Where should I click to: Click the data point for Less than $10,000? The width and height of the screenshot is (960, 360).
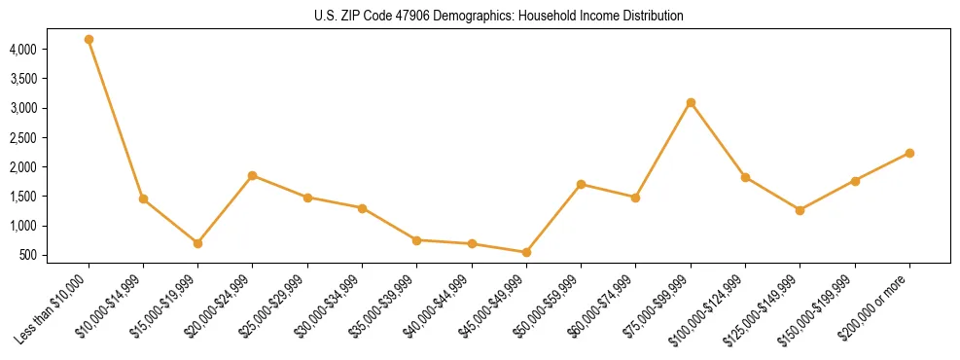89,40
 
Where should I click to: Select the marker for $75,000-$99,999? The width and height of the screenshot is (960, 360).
691,102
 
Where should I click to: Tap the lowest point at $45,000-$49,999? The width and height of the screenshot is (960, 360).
526,252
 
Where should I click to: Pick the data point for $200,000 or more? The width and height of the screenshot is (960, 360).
909,153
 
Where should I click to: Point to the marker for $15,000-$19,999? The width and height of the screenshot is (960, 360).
197,243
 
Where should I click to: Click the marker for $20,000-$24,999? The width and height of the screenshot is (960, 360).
253,175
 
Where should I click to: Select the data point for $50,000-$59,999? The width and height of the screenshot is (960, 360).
581,184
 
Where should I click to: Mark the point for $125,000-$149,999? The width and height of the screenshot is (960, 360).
800,210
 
